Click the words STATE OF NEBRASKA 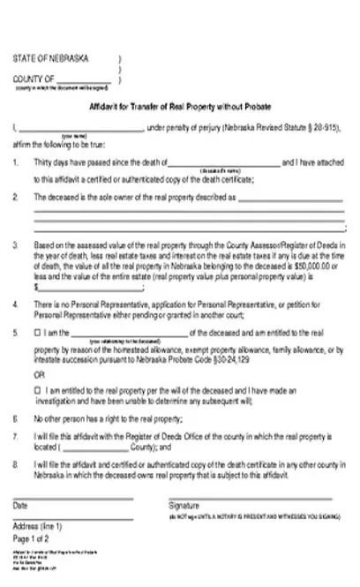[x=50, y=59]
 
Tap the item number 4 [x=16, y=305]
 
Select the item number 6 [x=16, y=416]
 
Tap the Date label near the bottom [x=20, y=507]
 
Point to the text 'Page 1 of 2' [x=30, y=538]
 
